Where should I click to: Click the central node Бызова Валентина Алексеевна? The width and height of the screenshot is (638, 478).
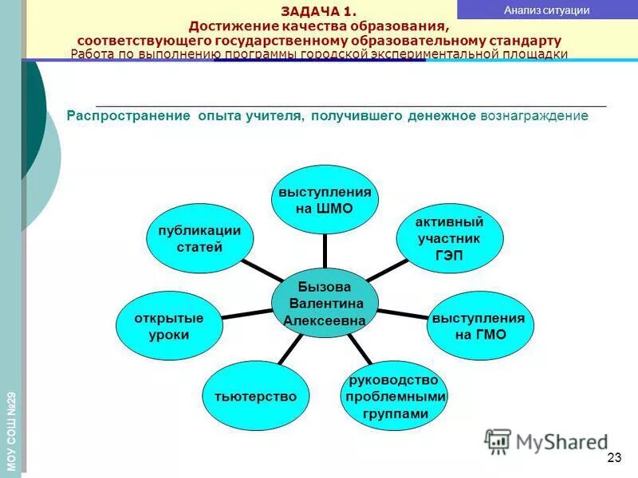pos(324,304)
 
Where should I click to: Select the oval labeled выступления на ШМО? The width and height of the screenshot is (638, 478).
pos(324,200)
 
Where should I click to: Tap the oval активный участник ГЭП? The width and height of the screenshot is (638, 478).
pos(449,238)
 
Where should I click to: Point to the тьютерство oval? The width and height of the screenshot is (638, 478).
pos(255,396)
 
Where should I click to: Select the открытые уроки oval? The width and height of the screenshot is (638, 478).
pos(169,326)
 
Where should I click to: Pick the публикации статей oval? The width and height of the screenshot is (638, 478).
pos(199,238)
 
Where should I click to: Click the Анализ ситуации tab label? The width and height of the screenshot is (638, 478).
pos(547,10)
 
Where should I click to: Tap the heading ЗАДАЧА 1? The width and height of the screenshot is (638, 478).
pos(319,10)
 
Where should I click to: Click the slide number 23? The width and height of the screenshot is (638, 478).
pos(613,457)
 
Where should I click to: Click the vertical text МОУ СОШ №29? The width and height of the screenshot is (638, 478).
pos(11,430)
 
